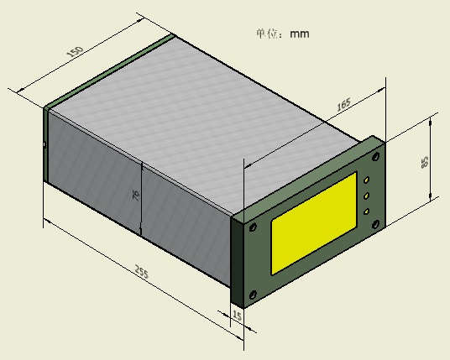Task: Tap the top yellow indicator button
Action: coord(367,180)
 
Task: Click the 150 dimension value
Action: coord(74,54)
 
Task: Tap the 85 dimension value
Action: coord(426,161)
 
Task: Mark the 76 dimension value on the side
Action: coord(136,196)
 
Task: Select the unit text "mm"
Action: coord(300,34)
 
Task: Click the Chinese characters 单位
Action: coord(268,34)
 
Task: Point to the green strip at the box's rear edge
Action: coord(109,70)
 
